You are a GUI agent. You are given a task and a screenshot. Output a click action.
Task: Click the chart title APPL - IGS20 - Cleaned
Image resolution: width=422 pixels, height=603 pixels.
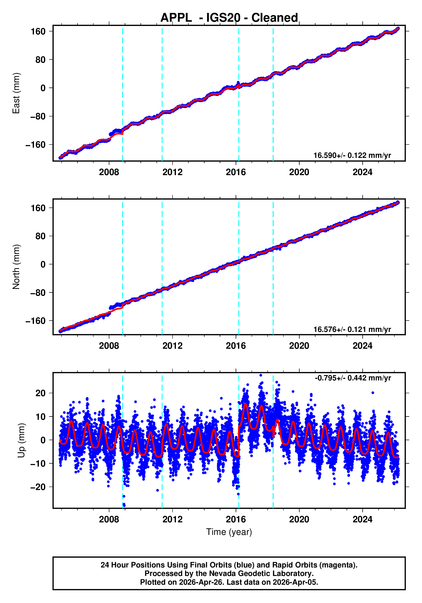click(x=229, y=18)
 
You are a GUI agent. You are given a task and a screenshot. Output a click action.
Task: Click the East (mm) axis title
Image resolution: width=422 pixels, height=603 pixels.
click(x=16, y=93)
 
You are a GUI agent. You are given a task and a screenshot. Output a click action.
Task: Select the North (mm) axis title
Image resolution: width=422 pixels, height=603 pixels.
click(x=16, y=267)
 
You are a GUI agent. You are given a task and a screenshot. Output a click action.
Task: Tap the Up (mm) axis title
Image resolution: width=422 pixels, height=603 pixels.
click(x=21, y=440)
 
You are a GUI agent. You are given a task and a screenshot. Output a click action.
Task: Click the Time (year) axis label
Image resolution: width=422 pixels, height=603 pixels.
click(x=229, y=532)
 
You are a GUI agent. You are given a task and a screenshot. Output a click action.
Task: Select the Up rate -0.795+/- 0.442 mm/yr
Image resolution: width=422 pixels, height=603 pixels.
click(x=353, y=378)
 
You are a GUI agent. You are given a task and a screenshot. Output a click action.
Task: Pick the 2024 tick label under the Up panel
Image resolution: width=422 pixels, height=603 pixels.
click(x=362, y=519)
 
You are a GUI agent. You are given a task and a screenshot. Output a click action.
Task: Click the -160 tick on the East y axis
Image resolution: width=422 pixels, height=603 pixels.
click(x=35, y=145)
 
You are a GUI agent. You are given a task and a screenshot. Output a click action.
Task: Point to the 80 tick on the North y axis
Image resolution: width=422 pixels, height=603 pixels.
click(x=40, y=236)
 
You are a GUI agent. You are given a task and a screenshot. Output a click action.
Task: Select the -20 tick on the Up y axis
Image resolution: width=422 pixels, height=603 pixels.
click(x=38, y=487)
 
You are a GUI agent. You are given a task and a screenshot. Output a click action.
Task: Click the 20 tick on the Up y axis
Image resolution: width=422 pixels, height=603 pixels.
click(x=40, y=393)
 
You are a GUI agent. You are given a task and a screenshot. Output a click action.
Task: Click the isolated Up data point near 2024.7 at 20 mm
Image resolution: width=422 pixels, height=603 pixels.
click(x=373, y=393)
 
